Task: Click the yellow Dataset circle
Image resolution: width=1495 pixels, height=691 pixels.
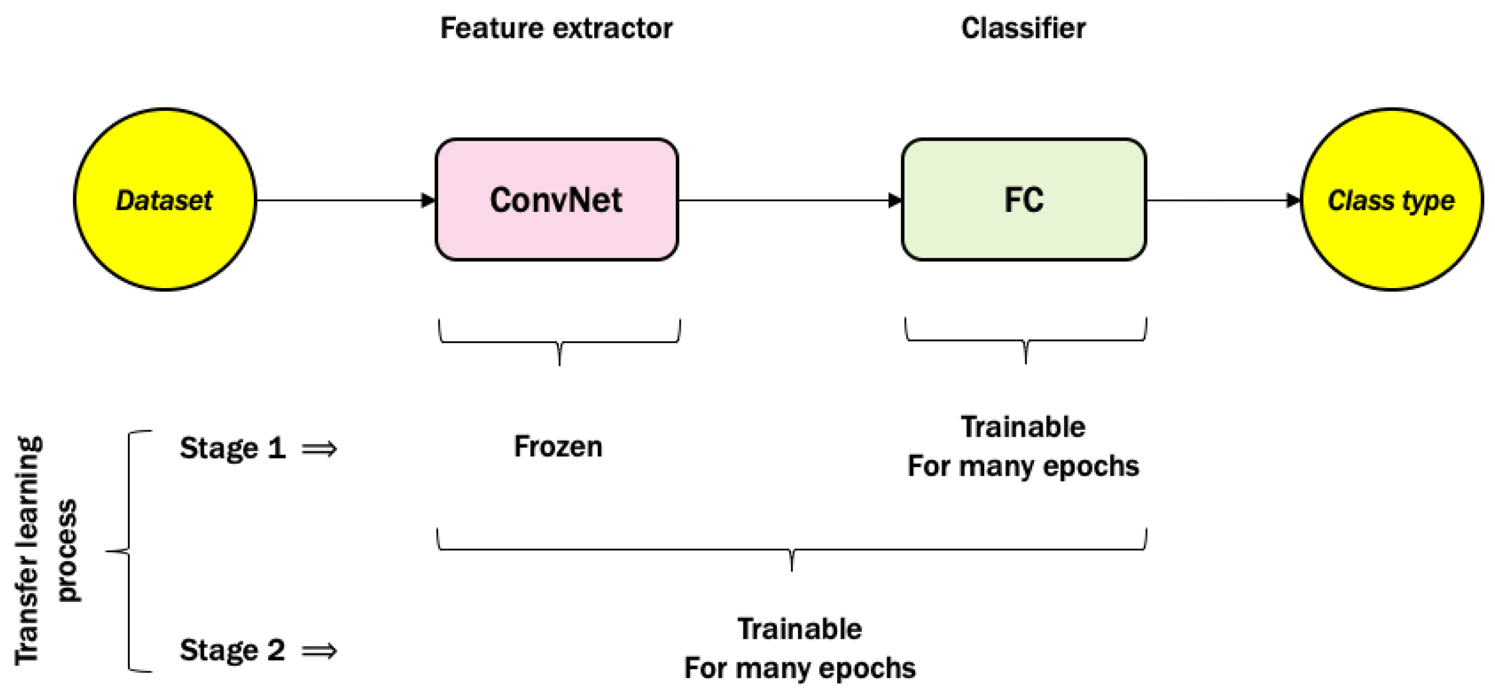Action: tap(165, 200)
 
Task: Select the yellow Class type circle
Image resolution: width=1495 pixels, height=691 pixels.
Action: tap(1391, 200)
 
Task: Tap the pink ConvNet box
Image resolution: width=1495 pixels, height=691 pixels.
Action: tap(556, 200)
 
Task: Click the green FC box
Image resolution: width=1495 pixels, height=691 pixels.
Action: tap(1023, 200)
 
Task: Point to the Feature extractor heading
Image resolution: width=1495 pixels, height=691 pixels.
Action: tap(556, 28)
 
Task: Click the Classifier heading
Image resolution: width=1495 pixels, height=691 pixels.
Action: tap(1023, 28)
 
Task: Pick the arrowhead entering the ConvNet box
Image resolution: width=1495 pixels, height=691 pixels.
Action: tap(428, 200)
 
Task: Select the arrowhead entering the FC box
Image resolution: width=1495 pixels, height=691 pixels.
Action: tap(895, 200)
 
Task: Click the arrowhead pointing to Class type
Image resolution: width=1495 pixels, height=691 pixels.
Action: tap(1293, 200)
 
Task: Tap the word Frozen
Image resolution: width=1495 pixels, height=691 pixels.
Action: tap(557, 446)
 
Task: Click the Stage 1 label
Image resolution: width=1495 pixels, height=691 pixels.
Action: tap(232, 448)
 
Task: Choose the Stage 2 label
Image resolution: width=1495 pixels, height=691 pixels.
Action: tap(232, 650)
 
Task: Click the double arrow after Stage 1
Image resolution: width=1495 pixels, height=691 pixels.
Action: tap(319, 448)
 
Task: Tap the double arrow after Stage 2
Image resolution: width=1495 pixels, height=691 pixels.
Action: tap(319, 650)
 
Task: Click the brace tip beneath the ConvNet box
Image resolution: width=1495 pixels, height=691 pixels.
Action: tap(559, 362)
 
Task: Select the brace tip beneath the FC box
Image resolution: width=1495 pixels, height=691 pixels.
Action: tap(1025, 360)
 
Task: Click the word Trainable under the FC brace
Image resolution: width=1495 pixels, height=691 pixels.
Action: tap(1023, 427)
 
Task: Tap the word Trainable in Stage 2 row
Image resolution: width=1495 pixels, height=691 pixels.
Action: tap(799, 629)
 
